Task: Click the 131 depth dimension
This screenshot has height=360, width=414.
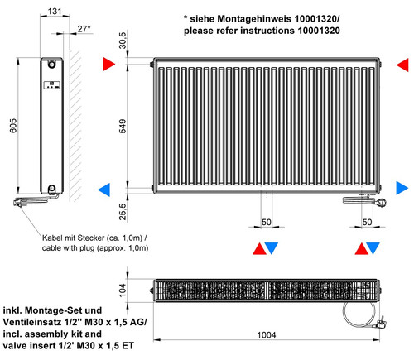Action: tap(55, 12)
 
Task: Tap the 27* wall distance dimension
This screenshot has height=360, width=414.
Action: tap(84, 29)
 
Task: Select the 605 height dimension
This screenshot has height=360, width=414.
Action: tap(13, 126)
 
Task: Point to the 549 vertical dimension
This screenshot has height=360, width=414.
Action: tap(123, 127)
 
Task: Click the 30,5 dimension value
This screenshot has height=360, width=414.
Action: tap(123, 41)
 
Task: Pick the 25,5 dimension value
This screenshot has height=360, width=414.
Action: tap(123, 212)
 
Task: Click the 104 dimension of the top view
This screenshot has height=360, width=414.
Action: tap(123, 290)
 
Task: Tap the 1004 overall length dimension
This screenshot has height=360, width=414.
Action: tap(267, 335)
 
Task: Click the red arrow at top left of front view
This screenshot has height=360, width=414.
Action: tap(109, 64)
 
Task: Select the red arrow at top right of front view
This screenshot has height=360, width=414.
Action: tap(402, 65)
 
